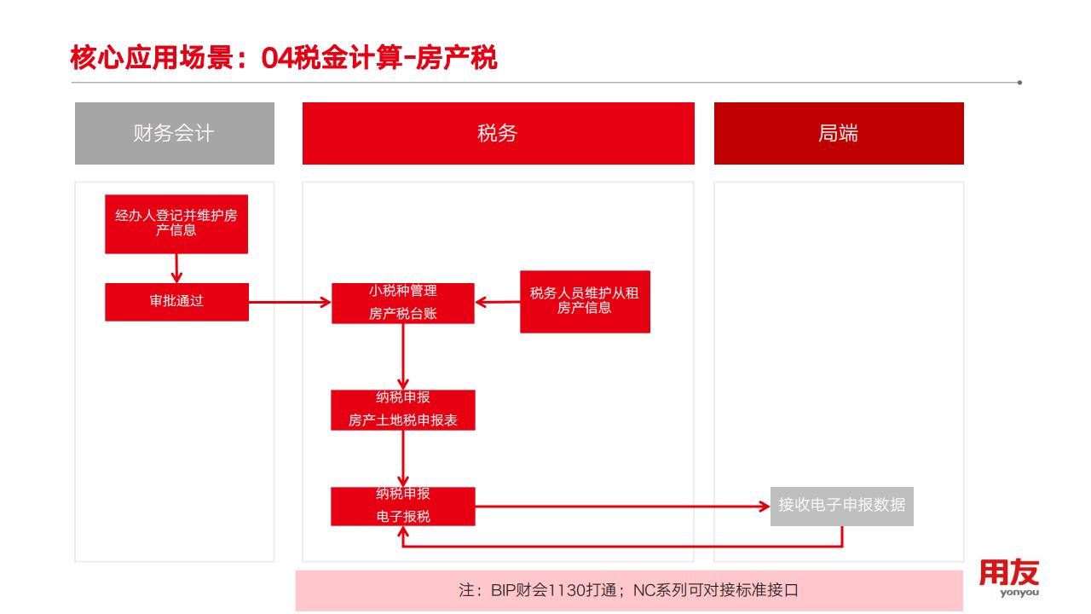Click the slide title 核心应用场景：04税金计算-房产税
[283, 59]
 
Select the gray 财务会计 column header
[174, 133]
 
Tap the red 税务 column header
[498, 133]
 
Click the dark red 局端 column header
[839, 133]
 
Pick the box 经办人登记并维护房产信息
[176, 223]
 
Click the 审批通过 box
[176, 301]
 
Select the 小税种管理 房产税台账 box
[403, 303]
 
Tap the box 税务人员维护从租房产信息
[585, 301]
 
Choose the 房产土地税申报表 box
[403, 410]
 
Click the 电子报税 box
[403, 506]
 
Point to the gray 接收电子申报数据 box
[842, 505]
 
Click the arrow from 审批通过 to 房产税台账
[290, 302]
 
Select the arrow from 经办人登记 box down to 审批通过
[176, 268]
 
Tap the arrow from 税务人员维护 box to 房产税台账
[498, 302]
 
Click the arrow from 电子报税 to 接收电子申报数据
[622, 507]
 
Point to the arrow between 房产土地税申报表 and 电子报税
[403, 459]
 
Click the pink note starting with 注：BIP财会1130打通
[629, 590]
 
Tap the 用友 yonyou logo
[1008, 577]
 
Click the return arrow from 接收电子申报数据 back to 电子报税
[622, 546]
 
